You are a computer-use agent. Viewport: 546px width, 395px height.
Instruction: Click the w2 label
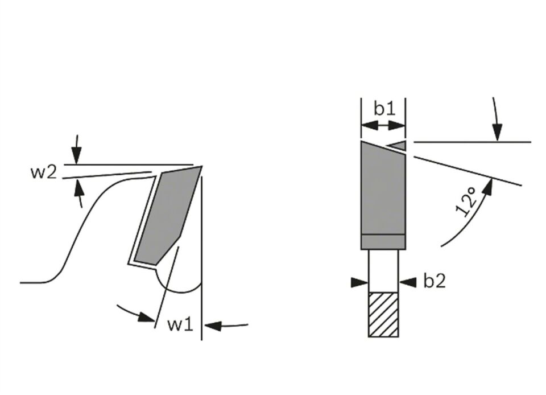click(x=44, y=172)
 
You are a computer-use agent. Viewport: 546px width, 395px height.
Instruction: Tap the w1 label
click(x=180, y=324)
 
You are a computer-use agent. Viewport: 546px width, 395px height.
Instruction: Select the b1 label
click(x=385, y=109)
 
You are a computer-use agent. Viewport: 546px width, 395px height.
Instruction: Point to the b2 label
click(x=434, y=281)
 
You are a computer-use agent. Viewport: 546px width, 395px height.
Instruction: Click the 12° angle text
click(x=466, y=201)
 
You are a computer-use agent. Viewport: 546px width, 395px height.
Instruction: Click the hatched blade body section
click(x=383, y=315)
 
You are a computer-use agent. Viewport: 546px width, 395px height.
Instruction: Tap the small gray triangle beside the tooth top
click(x=398, y=146)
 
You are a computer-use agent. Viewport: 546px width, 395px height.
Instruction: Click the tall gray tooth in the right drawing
click(x=383, y=195)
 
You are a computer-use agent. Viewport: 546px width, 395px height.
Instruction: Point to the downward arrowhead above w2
click(x=76, y=154)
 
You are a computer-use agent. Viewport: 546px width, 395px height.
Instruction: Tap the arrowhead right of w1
click(x=212, y=326)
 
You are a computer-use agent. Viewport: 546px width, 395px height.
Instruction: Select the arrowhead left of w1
click(x=146, y=316)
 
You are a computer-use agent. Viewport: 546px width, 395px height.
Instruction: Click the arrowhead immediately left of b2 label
click(x=408, y=282)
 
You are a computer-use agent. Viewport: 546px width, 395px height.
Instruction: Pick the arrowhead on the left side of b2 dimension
click(x=359, y=282)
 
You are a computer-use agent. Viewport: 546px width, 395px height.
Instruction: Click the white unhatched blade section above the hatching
click(x=383, y=271)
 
